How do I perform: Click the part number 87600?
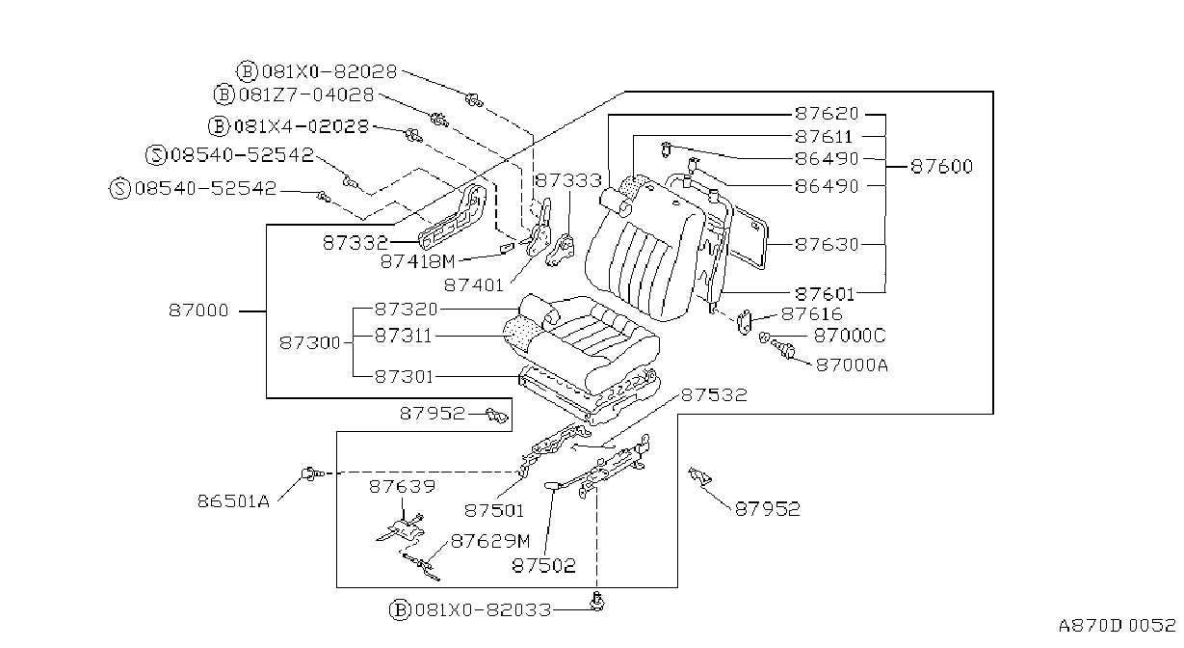tap(941, 167)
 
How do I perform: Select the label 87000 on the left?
tap(198, 310)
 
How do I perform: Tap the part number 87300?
tap(310, 343)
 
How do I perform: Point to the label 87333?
tap(568, 181)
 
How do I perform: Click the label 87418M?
tap(417, 261)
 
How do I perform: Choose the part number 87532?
tap(714, 395)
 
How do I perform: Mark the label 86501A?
tap(234, 500)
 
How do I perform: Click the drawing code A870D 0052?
tap(1117, 626)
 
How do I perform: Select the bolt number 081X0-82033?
tap(483, 610)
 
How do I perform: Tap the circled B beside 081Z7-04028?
tap(224, 94)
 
